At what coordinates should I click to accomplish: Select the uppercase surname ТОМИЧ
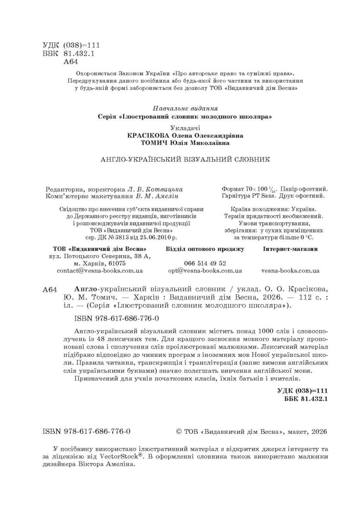click(155, 143)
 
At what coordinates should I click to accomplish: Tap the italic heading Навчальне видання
click(185, 109)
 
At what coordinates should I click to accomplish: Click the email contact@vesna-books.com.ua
click(100, 270)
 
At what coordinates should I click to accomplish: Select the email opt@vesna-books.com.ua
click(205, 270)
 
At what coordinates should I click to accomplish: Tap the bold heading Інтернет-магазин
click(290, 249)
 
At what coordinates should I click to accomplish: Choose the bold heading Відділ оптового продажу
click(205, 249)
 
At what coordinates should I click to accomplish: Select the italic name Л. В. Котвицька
click(155, 189)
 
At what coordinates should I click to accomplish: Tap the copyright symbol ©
click(180, 432)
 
